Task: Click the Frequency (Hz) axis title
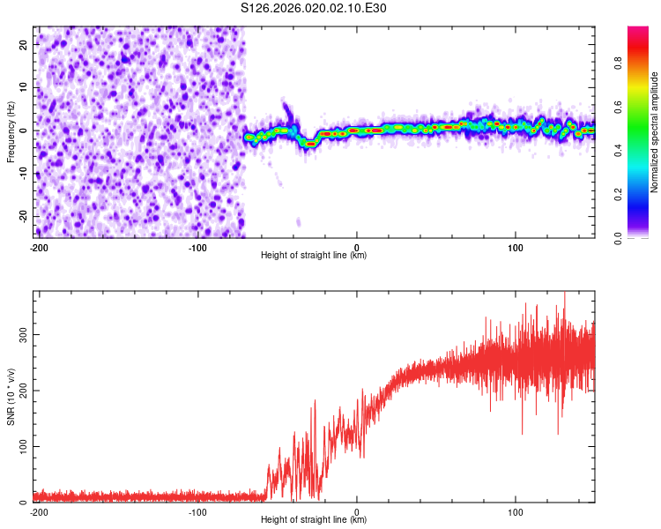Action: pyautogui.click(x=11, y=132)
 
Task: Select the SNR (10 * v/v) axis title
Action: pyautogui.click(x=11, y=397)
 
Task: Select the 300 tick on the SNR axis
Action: pyautogui.click(x=21, y=335)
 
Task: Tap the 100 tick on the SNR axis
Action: pyautogui.click(x=21, y=446)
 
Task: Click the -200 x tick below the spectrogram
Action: pyautogui.click(x=38, y=247)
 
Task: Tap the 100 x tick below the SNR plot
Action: pyautogui.click(x=516, y=511)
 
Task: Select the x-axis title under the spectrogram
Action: pyautogui.click(x=314, y=256)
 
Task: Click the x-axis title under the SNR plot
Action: pyautogui.click(x=314, y=520)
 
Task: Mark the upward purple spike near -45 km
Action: pyautogui.click(x=286, y=109)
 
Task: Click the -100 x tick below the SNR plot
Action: pyautogui.click(x=197, y=511)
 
